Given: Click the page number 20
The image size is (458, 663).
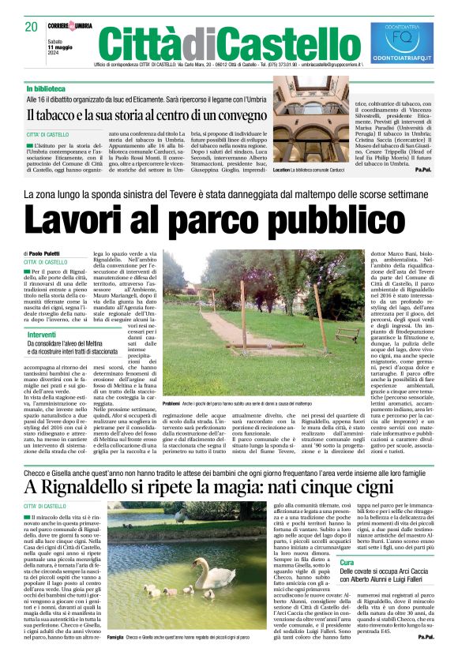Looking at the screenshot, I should point(32,26).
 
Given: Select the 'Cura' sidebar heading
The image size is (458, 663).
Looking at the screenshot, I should point(347,583).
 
